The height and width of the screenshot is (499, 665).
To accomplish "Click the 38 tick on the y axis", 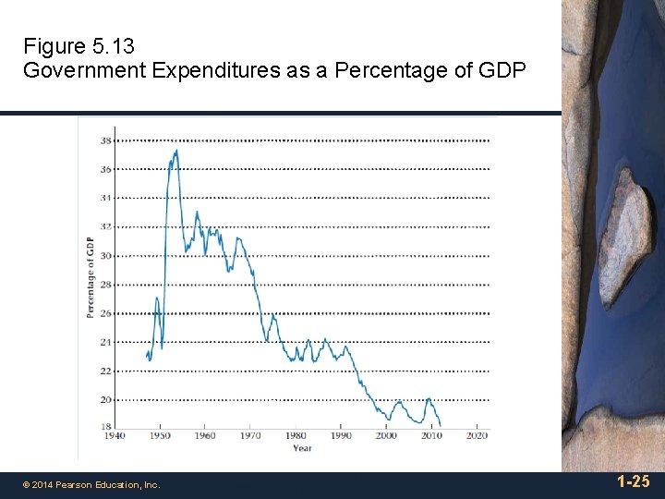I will (x=106, y=140).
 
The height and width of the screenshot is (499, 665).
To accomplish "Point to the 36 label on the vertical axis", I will (x=106, y=169).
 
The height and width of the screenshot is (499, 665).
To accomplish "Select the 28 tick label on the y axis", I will (x=106, y=285).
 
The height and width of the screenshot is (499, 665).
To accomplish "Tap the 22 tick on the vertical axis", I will (x=106, y=371).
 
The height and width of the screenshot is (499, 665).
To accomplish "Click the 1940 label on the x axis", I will (x=114, y=435).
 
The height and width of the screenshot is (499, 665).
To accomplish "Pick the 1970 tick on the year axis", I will (x=250, y=435).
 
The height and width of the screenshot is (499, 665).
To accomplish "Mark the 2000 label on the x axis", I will (x=386, y=435).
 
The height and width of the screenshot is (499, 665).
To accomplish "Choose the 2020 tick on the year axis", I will (x=477, y=435).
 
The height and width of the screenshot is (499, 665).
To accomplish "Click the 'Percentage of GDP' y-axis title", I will (x=91, y=277).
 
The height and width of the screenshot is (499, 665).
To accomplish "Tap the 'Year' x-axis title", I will (x=303, y=448).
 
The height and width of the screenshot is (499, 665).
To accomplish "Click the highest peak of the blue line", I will (x=176, y=151).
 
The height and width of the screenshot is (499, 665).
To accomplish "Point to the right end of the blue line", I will (x=441, y=425).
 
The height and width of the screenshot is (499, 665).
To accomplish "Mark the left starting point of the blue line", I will (x=147, y=356).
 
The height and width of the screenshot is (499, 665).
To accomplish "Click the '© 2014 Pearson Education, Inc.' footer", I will (x=91, y=484).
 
